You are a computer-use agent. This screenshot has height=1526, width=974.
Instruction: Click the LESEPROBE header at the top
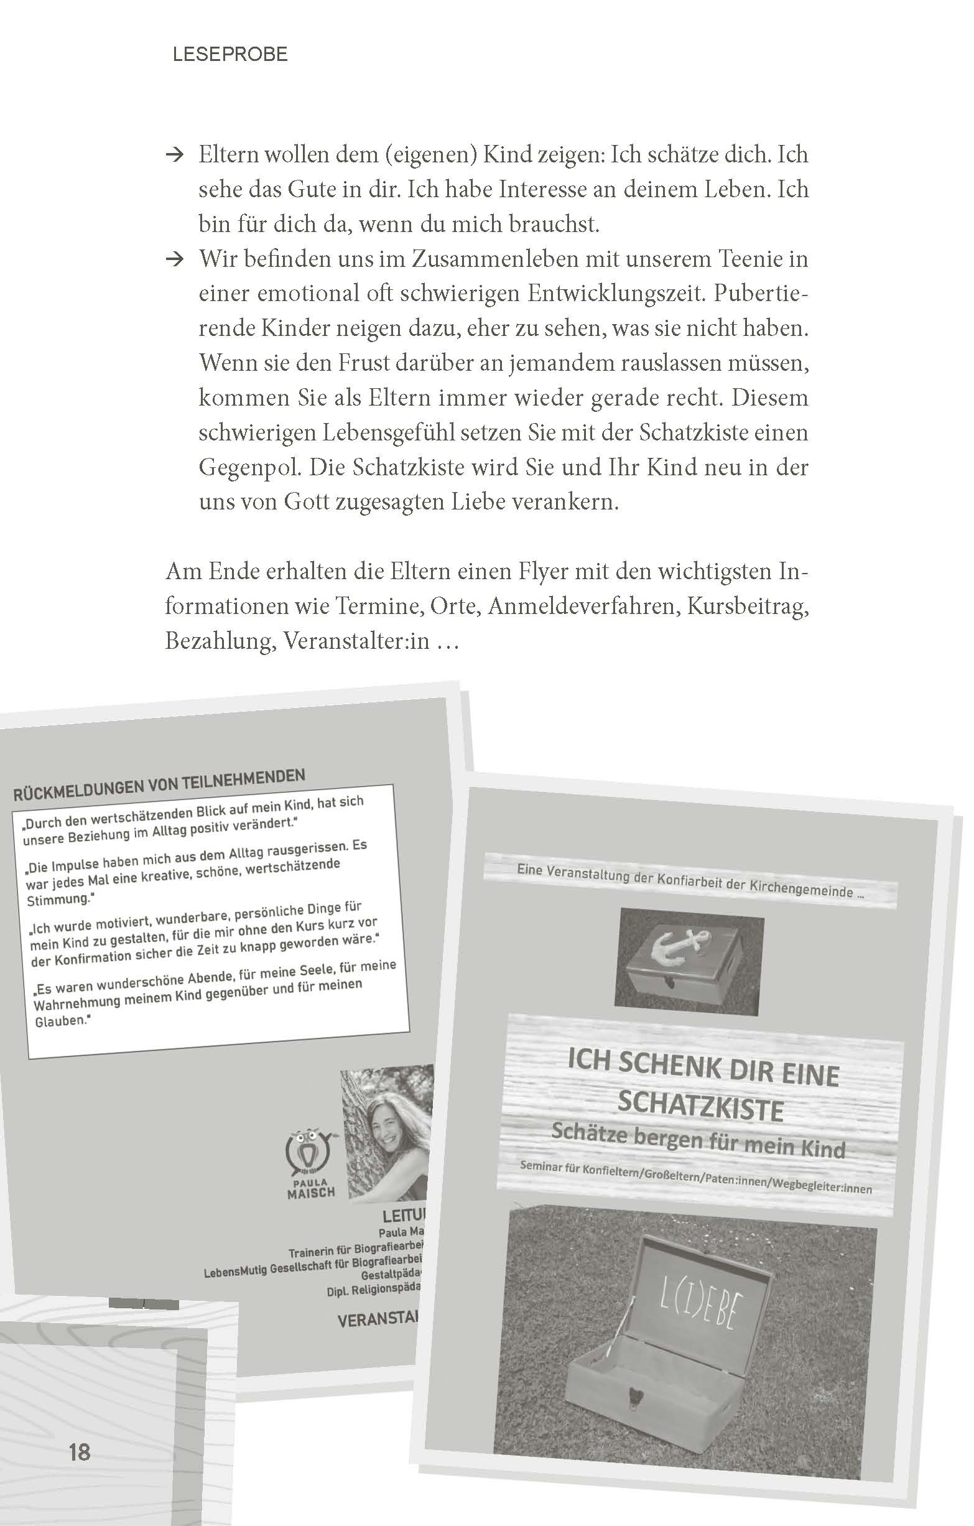(230, 55)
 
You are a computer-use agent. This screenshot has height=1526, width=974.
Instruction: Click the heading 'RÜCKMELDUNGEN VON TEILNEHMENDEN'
(159, 784)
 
